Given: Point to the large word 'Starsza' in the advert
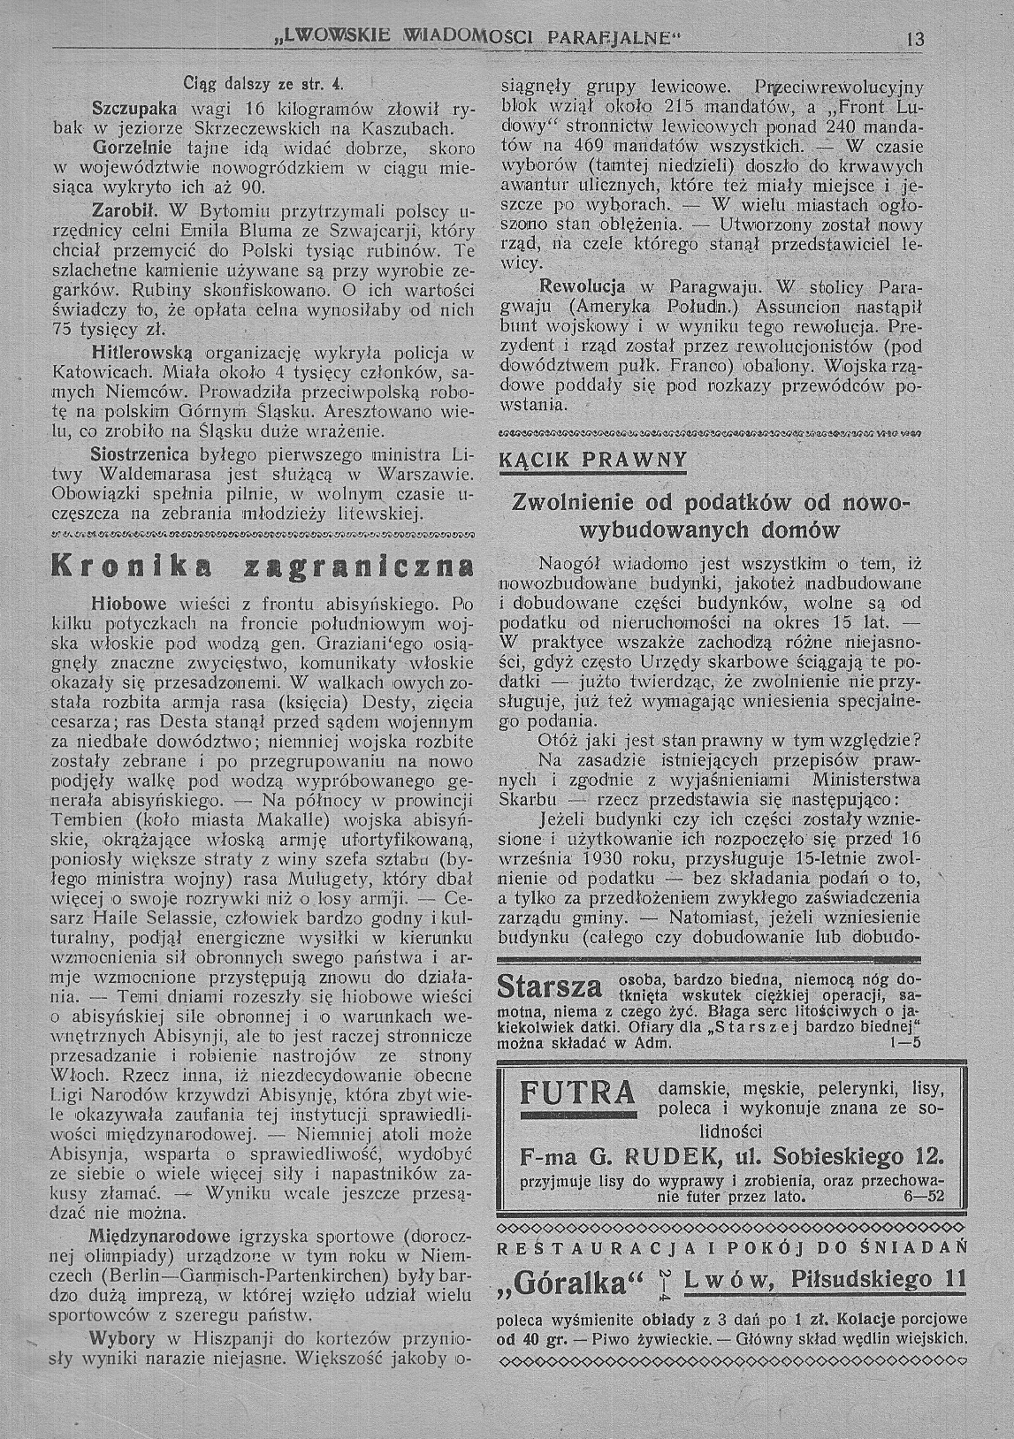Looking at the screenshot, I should point(549,986).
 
